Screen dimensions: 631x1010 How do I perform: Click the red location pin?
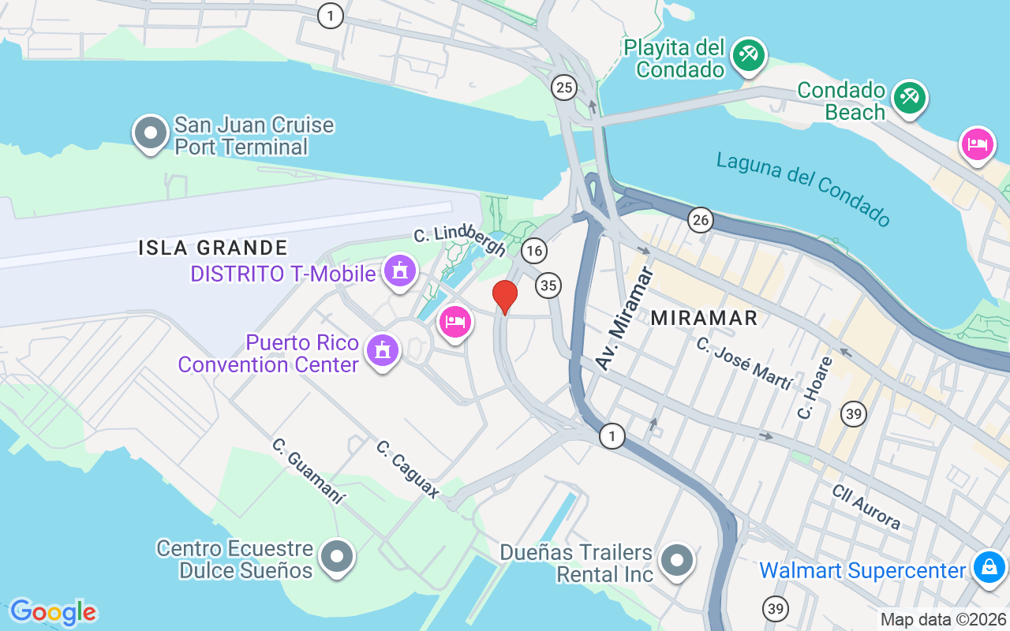[505, 297]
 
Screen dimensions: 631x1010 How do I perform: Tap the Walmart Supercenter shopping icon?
[989, 566]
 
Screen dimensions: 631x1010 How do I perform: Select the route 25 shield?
[563, 88]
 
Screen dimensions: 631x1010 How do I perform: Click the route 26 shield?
[700, 220]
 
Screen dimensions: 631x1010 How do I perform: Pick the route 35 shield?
[548, 285]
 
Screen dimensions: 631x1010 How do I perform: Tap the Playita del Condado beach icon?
[748, 55]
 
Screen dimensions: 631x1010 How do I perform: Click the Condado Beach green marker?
[910, 98]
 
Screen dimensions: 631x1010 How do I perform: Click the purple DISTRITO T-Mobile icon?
[400, 271]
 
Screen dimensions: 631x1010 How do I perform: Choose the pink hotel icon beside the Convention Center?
[455, 322]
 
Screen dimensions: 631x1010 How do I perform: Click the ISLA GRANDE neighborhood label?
[213, 248]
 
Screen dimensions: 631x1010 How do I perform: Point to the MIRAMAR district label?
[704, 318]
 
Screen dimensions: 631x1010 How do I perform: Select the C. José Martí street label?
[744, 364]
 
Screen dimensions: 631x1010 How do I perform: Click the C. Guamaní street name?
[309, 471]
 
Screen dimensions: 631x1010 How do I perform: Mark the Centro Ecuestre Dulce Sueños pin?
[338, 557]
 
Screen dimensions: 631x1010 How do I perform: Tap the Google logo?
[53, 612]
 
